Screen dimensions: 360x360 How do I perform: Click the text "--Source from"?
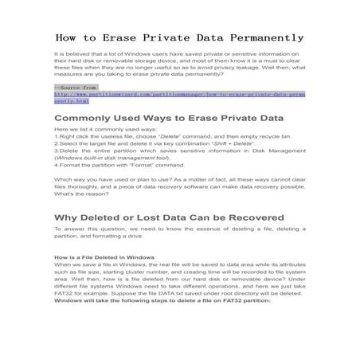tap(76, 87)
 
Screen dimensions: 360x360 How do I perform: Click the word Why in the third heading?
tap(67, 217)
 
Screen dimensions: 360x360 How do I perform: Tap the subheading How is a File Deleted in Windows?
tap(104, 258)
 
